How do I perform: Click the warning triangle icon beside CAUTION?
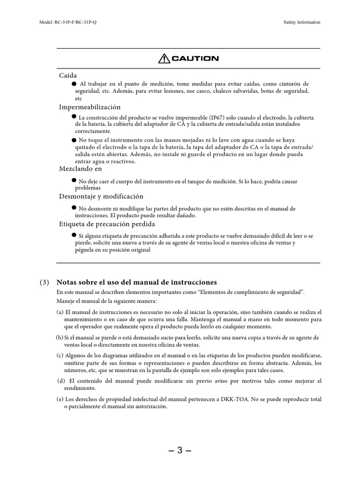coord(164,59)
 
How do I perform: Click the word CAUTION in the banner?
coord(195,59)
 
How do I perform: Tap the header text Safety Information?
coord(302,22)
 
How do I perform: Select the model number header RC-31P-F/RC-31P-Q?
coord(68,22)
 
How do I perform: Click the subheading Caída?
coord(68,75)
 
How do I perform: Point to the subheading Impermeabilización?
coord(90,107)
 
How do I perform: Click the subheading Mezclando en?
coord(80,169)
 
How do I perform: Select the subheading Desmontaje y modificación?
coord(101,196)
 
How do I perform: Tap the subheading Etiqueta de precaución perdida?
coord(106,224)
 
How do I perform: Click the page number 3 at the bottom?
coord(180,451)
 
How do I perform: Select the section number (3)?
coord(44,282)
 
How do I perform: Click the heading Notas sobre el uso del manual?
coord(136,282)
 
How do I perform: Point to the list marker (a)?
coord(60,312)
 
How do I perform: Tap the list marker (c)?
coord(60,355)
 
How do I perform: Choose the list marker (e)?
coord(60,399)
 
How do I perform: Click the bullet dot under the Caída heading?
coord(74,83)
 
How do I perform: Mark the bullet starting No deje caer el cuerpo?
coord(74,180)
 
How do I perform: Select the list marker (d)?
coord(61,381)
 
